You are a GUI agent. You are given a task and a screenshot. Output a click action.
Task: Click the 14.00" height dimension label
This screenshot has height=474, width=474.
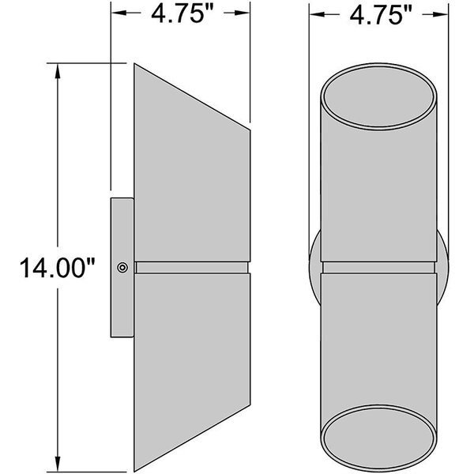(58, 268)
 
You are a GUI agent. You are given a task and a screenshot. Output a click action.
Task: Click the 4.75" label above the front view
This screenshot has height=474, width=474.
(381, 15)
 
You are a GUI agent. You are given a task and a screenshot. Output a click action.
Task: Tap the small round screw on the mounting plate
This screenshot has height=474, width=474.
(122, 268)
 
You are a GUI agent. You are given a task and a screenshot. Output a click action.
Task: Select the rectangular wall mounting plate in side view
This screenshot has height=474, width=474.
(122, 268)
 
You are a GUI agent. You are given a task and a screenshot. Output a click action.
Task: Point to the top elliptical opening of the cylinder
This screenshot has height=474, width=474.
(378, 96)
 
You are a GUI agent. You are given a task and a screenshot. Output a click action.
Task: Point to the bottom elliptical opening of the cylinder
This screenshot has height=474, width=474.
(378, 438)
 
